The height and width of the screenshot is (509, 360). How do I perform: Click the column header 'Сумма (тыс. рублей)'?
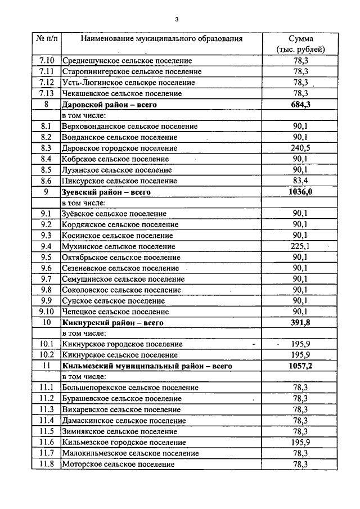[x=300, y=44]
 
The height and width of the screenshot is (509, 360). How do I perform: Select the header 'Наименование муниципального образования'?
[x=161, y=39]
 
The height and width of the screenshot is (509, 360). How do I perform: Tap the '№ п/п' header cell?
[x=46, y=39]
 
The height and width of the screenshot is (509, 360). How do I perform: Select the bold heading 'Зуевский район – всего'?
[x=106, y=192]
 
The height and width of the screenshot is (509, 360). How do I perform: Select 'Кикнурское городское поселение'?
[x=122, y=344]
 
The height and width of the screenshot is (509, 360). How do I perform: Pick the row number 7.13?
[x=46, y=93]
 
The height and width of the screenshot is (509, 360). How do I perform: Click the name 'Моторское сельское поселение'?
[x=118, y=465]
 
